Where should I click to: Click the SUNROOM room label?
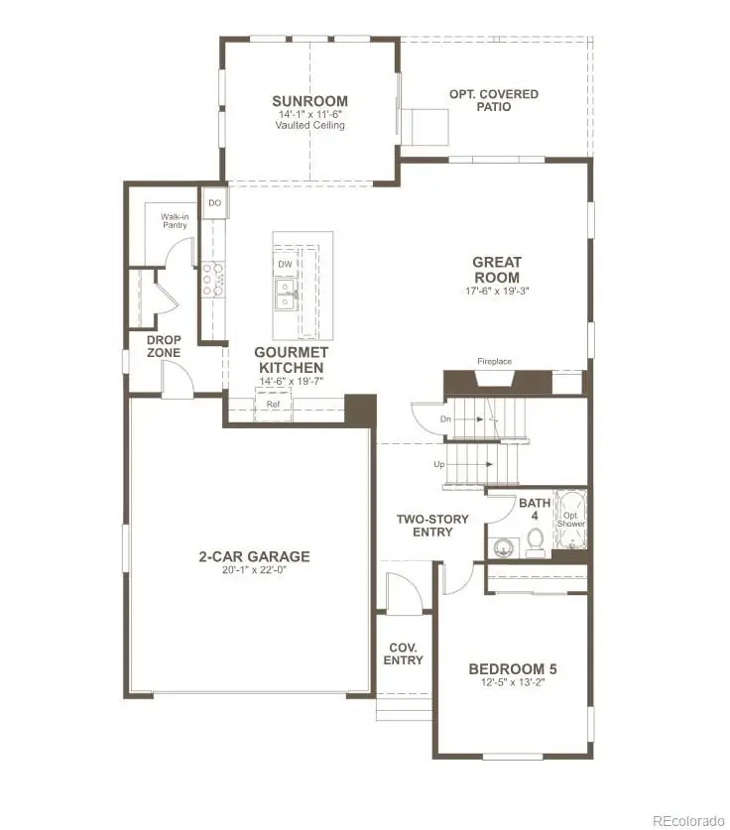310,101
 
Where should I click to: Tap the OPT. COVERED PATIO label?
494,100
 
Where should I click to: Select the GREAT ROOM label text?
497,270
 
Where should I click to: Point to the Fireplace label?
494,362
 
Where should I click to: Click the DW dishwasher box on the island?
285,264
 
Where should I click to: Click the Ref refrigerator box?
272,405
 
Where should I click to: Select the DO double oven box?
214,203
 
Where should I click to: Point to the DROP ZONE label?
164,346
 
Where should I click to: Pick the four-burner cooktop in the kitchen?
211,280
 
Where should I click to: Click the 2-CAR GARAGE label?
254,556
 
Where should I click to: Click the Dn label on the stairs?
445,418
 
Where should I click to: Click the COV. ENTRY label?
403,653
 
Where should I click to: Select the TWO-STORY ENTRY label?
425,526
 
